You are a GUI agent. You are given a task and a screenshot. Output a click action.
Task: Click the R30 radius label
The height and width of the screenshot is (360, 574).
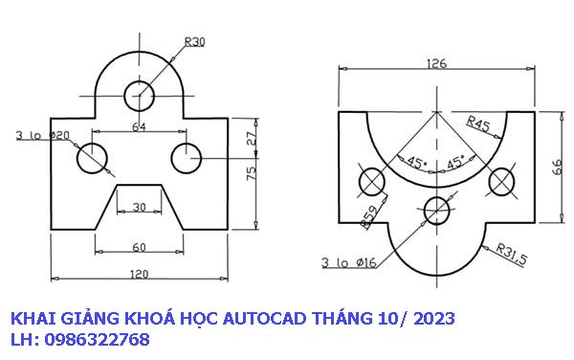[194, 41]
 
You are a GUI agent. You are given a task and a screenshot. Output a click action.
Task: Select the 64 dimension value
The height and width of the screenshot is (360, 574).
[140, 125]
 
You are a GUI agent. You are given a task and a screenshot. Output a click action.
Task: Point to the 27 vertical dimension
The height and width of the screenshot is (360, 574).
[252, 138]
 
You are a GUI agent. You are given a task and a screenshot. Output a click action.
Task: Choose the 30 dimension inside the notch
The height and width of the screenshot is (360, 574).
[140, 207]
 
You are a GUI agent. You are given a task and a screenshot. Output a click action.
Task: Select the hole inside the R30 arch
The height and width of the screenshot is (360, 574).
[140, 94]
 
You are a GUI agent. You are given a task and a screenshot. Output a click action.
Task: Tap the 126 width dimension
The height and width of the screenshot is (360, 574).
[436, 65]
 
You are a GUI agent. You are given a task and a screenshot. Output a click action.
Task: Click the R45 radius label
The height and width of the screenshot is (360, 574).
[478, 123]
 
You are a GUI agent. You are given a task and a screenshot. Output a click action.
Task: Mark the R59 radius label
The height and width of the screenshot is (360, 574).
[368, 219]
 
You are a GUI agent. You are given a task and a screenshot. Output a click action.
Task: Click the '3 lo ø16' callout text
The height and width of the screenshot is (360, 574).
[348, 260]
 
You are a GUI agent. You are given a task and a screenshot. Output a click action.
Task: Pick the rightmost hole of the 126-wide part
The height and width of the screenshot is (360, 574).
[501, 179]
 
